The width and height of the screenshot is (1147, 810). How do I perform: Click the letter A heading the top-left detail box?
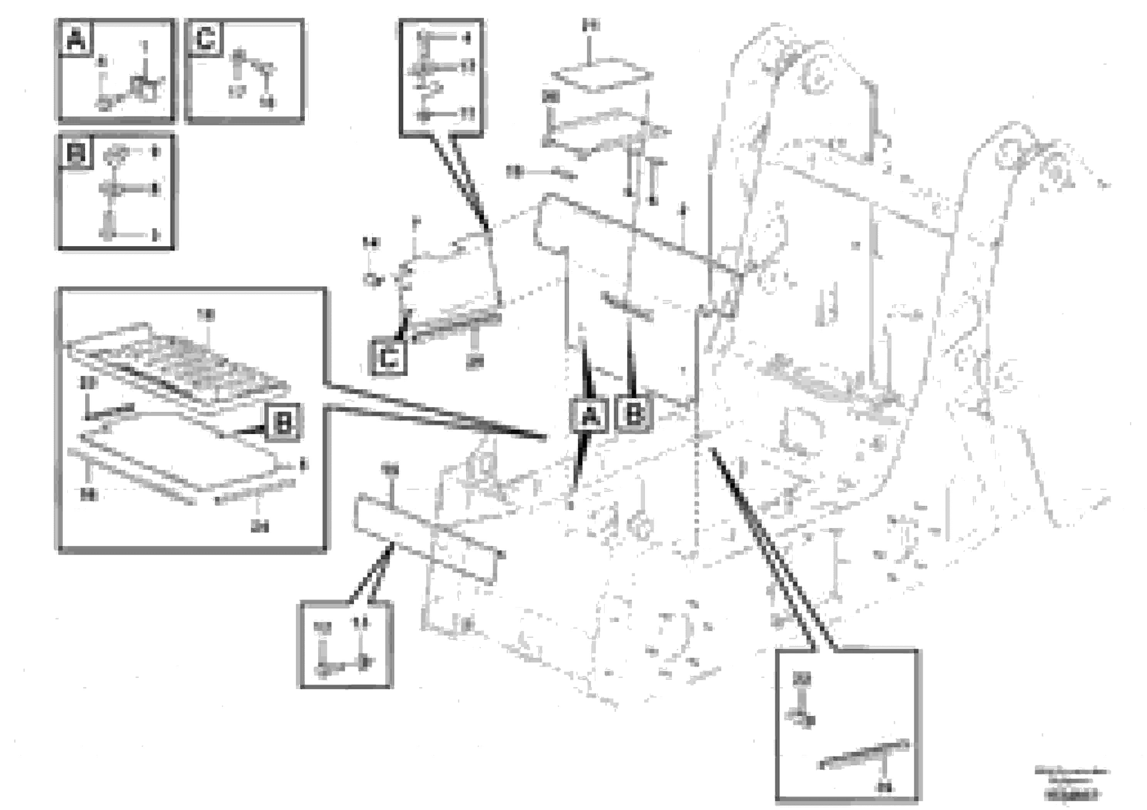[x=76, y=39]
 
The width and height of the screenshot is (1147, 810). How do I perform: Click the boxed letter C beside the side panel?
[x=388, y=357]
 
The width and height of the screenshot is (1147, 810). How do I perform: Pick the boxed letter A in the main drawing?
[x=590, y=414]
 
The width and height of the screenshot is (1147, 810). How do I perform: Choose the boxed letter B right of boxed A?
[x=635, y=413]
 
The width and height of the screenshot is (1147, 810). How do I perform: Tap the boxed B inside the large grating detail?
[x=283, y=423]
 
